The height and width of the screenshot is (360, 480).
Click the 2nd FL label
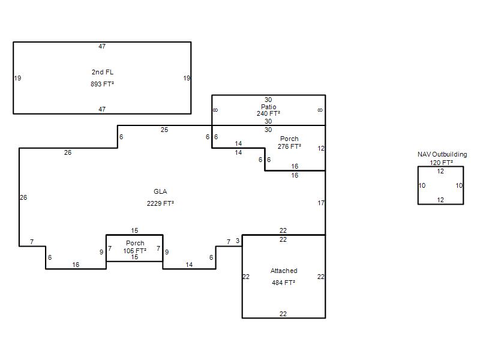point(102,72)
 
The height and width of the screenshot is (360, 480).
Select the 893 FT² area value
point(102,84)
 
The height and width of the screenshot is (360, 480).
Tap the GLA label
point(160,191)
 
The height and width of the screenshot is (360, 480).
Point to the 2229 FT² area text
point(160,203)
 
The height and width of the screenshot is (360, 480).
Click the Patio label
point(268,107)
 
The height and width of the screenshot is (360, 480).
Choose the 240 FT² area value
point(268,113)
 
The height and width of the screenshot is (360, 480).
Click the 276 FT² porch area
point(289,146)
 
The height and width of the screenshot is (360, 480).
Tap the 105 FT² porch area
point(134,251)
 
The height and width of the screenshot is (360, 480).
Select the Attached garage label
point(284,271)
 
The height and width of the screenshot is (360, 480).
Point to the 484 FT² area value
point(283,283)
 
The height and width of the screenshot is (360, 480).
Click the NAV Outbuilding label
point(442,154)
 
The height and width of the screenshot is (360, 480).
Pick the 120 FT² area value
point(441,163)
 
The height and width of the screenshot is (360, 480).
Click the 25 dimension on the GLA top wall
point(164,130)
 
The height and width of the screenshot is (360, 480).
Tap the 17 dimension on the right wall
point(321,203)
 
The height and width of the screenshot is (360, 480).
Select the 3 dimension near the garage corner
point(238,241)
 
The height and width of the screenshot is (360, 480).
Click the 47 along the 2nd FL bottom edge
point(102,109)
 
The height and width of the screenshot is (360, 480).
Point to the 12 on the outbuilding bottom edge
point(440,200)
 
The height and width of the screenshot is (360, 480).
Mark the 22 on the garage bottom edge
point(283,314)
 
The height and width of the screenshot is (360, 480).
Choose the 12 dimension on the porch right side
point(321,148)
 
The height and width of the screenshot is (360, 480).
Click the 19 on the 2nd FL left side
point(18,78)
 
